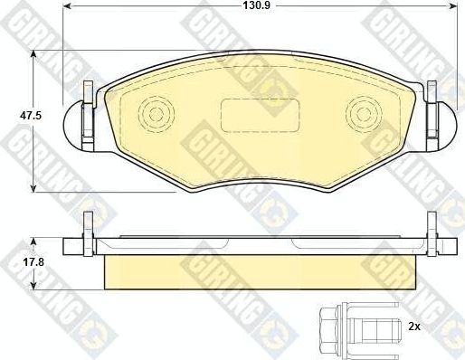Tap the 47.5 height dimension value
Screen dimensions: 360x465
(14, 117)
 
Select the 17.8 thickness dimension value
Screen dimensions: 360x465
(14, 264)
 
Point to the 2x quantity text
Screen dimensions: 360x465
(414, 324)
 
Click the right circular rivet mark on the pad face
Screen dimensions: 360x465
(366, 115)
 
